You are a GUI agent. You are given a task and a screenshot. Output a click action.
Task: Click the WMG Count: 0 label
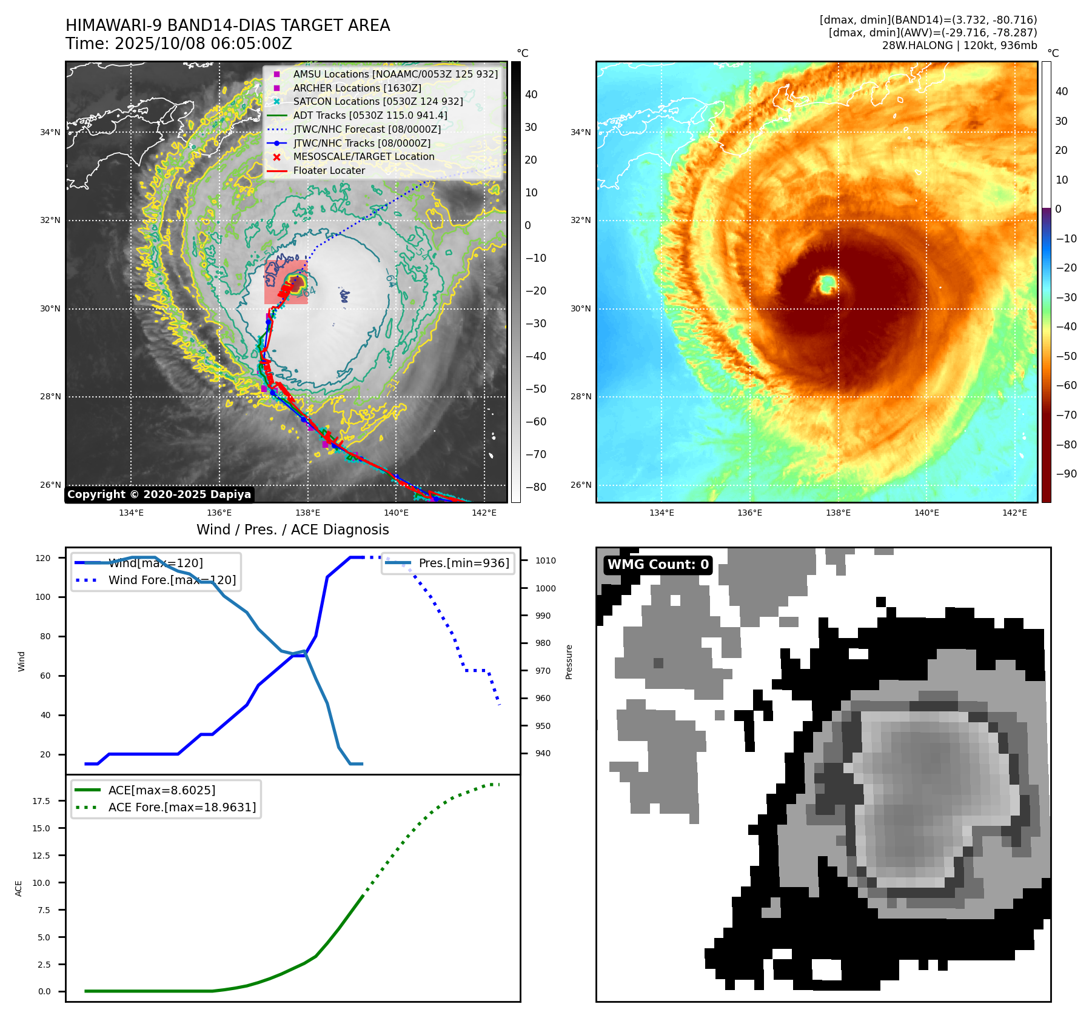658,565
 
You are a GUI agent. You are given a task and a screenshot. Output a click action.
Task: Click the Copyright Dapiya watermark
159,494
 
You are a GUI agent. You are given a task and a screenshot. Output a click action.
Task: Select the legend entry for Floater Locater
329,171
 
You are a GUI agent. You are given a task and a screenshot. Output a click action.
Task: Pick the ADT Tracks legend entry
370,115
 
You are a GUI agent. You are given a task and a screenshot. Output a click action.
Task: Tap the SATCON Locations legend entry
378,102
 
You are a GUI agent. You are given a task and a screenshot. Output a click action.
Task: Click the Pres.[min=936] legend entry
463,564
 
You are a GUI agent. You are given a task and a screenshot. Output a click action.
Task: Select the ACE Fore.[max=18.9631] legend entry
182,808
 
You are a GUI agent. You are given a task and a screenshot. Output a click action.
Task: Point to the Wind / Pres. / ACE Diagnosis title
293,530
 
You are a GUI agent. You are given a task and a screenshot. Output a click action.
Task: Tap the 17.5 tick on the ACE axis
41,801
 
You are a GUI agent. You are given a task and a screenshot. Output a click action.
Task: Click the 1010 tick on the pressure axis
545,561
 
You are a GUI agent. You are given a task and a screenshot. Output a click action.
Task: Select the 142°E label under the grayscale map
484,513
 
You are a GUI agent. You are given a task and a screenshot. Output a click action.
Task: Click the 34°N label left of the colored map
580,133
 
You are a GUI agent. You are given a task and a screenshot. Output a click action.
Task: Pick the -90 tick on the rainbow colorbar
1066,474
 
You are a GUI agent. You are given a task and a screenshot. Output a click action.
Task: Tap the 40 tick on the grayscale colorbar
531,95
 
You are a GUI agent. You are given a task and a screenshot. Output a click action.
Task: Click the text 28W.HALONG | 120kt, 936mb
959,45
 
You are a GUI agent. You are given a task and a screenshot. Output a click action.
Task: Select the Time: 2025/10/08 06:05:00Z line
179,44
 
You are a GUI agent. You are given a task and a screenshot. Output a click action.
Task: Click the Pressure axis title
569,662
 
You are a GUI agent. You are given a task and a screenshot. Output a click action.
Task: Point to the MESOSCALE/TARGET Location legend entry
363,157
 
